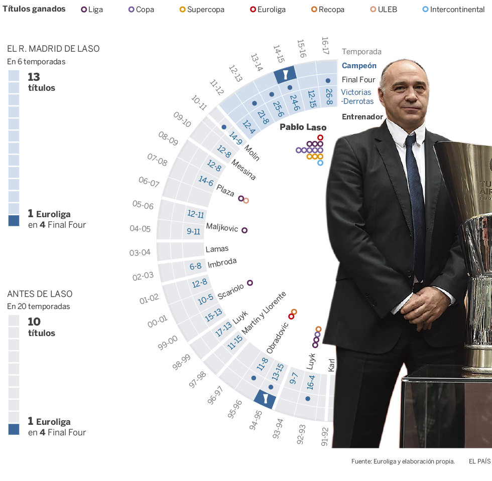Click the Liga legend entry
tap(92, 10)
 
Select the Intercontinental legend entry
tap(453, 10)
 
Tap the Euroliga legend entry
tap(269, 10)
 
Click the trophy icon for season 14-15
tap(285, 75)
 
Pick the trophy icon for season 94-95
tap(264, 399)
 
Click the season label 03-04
tap(140, 252)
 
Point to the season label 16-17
tap(325, 46)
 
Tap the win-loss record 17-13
tap(223, 330)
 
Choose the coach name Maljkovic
tap(222, 227)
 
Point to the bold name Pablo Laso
tap(303, 127)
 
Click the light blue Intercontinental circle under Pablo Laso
tap(320, 163)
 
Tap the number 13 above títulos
tap(34, 77)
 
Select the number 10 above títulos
tap(34, 322)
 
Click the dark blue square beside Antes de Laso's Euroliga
tap(14, 429)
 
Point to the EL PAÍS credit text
tap(479, 461)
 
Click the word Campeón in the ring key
tap(359, 66)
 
